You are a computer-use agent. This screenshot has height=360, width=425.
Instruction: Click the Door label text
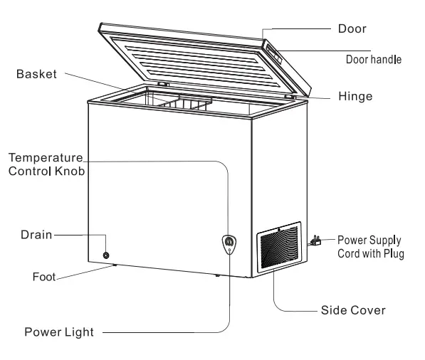[352, 28]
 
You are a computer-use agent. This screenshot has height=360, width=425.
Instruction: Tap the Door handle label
[374, 59]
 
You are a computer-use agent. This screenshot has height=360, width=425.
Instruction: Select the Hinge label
[355, 96]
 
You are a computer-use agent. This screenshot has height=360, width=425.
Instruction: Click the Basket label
[36, 74]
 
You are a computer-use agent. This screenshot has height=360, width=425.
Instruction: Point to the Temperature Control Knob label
[46, 164]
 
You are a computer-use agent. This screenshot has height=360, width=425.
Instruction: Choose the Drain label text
[36, 235]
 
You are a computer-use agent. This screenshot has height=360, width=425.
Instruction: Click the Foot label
[44, 277]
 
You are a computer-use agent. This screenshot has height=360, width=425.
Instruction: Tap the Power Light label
[59, 332]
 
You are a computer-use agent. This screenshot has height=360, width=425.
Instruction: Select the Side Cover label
[353, 310]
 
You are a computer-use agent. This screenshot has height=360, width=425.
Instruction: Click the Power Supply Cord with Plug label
[370, 247]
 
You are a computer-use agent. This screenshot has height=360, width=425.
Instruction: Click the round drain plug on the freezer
[106, 255]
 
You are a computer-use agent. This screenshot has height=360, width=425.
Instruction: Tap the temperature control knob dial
[229, 241]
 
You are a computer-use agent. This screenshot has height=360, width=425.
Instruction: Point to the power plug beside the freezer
[315, 240]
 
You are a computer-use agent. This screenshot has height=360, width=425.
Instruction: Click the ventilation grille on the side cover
[279, 247]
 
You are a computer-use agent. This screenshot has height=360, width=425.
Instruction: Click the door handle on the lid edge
[274, 53]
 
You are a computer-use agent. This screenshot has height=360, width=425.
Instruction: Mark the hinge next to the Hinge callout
[290, 96]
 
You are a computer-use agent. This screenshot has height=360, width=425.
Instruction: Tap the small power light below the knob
[229, 250]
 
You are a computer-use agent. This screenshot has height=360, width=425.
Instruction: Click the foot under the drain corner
[115, 265]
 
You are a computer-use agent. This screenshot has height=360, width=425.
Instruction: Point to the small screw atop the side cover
[279, 230]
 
